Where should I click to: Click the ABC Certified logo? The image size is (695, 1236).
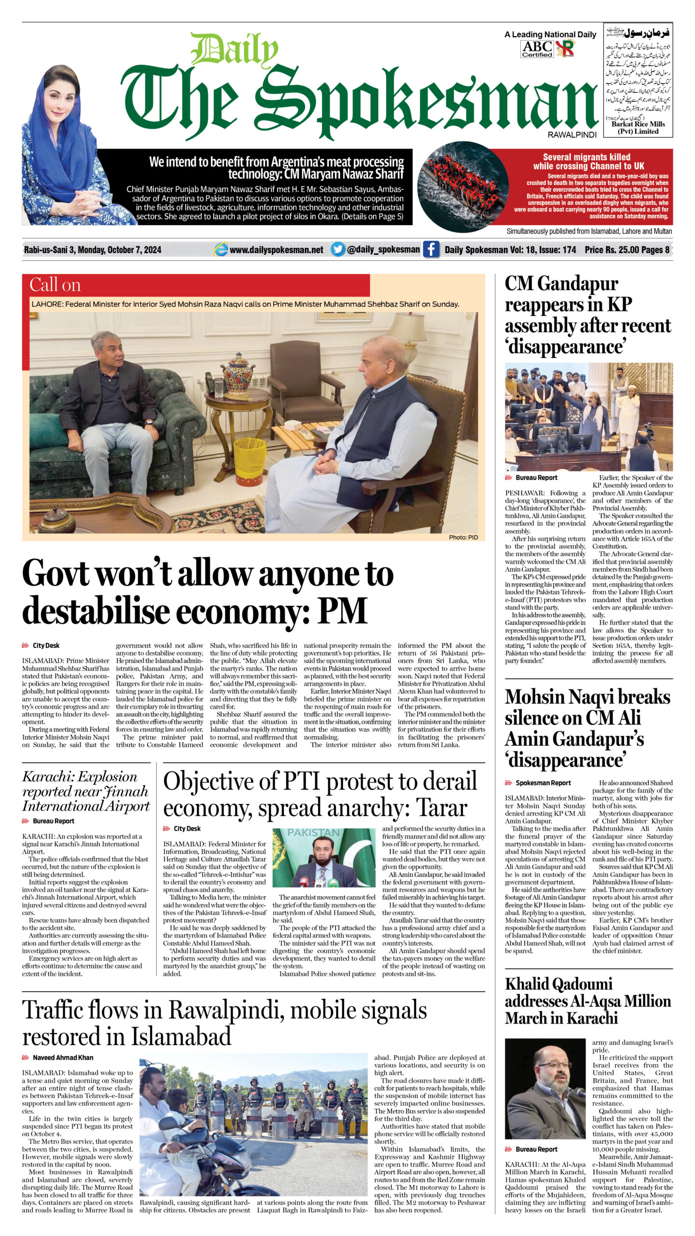pyautogui.click(x=537, y=49)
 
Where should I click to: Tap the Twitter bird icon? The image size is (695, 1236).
pyautogui.click(x=338, y=249)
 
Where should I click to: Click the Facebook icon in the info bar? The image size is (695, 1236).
pyautogui.click(x=431, y=249)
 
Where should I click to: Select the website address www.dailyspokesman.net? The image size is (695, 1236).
pyautogui.click(x=276, y=250)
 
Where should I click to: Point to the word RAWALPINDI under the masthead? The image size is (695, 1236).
pyautogui.click(x=572, y=135)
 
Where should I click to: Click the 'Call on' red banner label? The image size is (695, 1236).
pyautogui.click(x=55, y=285)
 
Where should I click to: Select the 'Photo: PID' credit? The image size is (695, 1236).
pyautogui.click(x=463, y=537)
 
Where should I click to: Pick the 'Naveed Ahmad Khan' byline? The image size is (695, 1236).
pyautogui.click(x=63, y=1057)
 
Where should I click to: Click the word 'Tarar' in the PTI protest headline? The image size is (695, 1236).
pyautogui.click(x=441, y=807)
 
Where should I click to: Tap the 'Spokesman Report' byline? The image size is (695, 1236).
pyautogui.click(x=543, y=783)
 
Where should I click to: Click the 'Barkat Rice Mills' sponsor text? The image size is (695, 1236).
pyautogui.click(x=638, y=124)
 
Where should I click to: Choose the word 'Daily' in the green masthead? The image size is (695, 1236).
pyautogui.click(x=234, y=50)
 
